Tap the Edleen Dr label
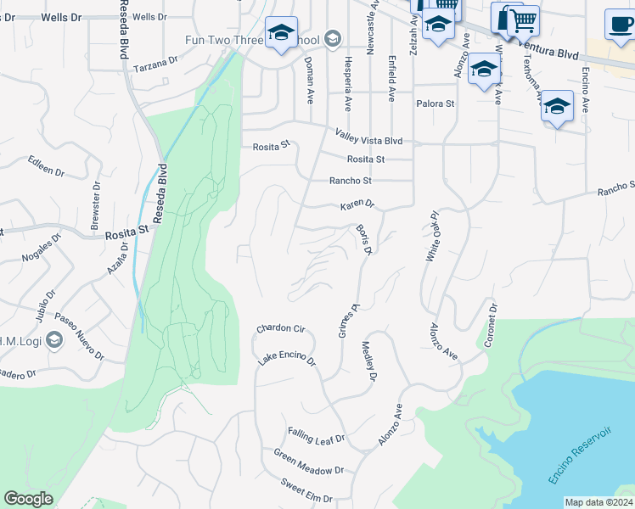click(x=46, y=165)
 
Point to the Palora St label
click(x=436, y=103)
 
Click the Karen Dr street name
click(x=357, y=205)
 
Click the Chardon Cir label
click(x=280, y=328)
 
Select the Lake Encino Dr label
click(x=286, y=362)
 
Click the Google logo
click(x=28, y=499)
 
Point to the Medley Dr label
click(x=369, y=361)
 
